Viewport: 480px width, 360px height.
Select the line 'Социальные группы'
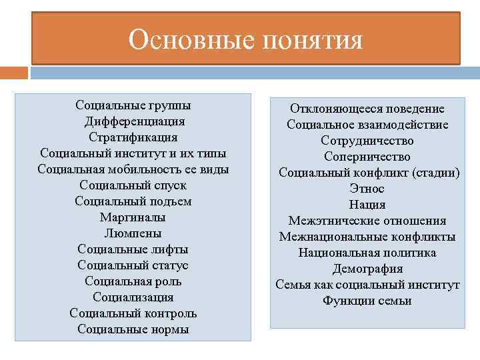pyautogui.click(x=133, y=105)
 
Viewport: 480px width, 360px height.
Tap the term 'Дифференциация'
pyautogui.click(x=133, y=121)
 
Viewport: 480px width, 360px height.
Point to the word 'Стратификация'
pyautogui.click(x=133, y=137)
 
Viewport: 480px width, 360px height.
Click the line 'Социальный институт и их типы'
pyautogui.click(x=133, y=153)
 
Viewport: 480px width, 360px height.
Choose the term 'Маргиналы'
pyautogui.click(x=133, y=217)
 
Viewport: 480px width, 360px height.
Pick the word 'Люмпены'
pyautogui.click(x=133, y=233)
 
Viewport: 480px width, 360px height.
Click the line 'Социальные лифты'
pyautogui.click(x=133, y=249)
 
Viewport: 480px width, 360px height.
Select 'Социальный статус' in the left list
pyautogui.click(x=133, y=265)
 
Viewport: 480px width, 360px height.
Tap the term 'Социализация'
pyautogui.click(x=133, y=297)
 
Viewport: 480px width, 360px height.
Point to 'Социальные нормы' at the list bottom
pyautogui.click(x=133, y=329)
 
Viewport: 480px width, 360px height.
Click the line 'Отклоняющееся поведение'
pyautogui.click(x=367, y=109)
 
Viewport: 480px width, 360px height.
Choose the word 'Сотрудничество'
pyautogui.click(x=367, y=141)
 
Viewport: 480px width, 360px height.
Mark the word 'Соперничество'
pyautogui.click(x=367, y=157)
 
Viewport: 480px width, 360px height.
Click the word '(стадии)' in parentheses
pyautogui.click(x=436, y=173)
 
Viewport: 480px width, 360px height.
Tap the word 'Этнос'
pyautogui.click(x=367, y=189)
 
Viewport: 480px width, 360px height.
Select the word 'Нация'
pyautogui.click(x=367, y=205)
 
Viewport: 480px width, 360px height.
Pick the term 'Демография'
pyautogui.click(x=367, y=269)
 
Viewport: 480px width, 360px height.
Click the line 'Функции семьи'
pyautogui.click(x=367, y=301)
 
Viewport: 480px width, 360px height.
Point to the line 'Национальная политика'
pyautogui.click(x=367, y=253)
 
